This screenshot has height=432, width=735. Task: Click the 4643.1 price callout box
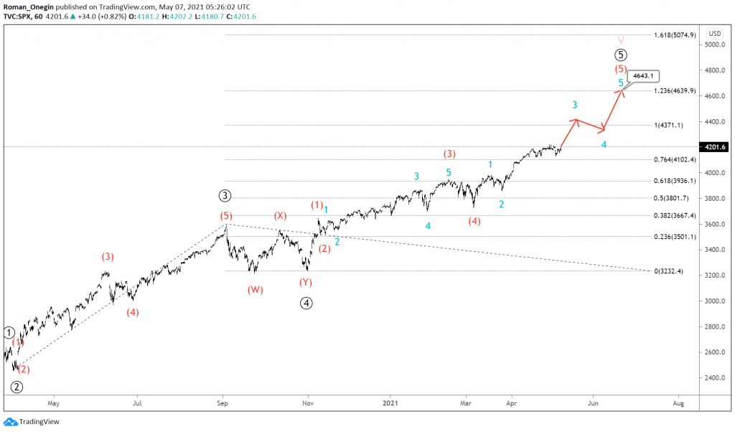[643, 77]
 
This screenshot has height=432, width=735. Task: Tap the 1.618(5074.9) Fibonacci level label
[675, 35]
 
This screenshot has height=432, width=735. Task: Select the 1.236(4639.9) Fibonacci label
[675, 90]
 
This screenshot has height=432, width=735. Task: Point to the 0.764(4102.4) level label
[675, 159]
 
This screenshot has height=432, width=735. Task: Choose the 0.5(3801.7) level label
[672, 198]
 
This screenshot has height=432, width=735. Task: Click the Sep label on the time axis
[223, 403]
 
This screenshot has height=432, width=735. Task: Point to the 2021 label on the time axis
[391, 403]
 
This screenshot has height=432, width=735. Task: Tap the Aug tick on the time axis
[678, 403]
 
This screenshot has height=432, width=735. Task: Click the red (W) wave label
[256, 290]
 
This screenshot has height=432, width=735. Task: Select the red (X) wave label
[280, 215]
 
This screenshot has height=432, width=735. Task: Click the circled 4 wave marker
[306, 303]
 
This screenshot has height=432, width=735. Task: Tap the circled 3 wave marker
[225, 195]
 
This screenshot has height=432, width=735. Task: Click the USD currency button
[714, 33]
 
